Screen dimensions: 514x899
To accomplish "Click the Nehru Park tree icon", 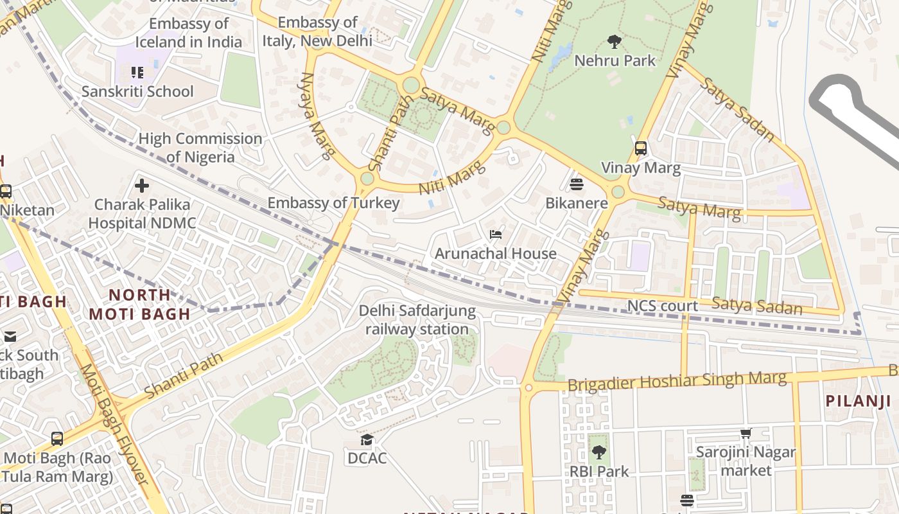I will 615,42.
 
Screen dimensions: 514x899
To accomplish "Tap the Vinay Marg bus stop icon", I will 640,148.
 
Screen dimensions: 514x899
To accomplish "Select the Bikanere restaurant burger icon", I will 576,184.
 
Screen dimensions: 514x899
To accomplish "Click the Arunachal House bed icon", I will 496,235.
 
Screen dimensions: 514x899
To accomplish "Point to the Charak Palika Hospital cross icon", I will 142,186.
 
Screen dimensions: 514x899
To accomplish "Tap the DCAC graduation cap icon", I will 367,440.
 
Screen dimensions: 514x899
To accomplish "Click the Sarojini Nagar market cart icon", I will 746,434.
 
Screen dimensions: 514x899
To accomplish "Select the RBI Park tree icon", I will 598,452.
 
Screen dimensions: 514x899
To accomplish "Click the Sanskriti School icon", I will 137,73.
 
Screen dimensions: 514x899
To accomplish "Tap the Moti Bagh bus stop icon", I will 57,439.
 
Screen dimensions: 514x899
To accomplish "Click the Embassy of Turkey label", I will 333,203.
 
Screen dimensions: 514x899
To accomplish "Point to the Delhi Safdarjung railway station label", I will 417,320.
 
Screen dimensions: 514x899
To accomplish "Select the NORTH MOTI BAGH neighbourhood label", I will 139,305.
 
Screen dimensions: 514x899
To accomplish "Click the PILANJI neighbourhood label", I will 858,401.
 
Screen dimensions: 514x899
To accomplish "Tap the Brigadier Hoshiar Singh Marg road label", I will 677,381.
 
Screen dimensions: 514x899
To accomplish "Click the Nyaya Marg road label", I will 318,115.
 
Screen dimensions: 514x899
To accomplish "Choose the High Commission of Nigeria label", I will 200,148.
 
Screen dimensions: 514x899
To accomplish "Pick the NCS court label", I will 663,306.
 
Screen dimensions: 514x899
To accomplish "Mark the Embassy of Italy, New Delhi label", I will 317,31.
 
